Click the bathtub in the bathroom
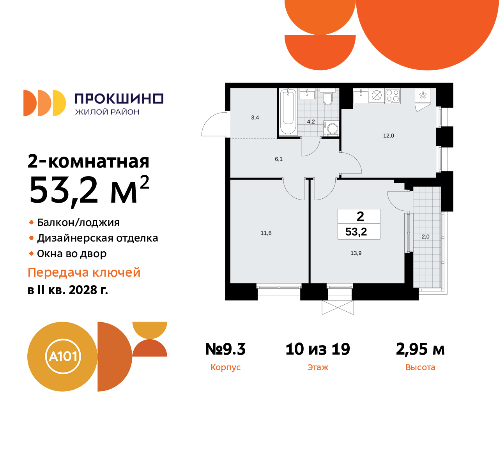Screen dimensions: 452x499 (288, 111)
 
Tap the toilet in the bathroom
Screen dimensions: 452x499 (327, 98)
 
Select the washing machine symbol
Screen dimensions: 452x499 (332, 128)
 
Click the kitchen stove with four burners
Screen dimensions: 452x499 (393, 95)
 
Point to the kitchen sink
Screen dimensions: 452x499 (361, 95)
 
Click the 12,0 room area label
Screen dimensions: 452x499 (389, 136)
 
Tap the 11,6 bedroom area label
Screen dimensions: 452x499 (266, 233)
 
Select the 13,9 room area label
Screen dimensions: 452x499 (356, 253)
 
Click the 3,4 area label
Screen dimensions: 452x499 (255, 117)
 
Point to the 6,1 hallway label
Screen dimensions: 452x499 (279, 159)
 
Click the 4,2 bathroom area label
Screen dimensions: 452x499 (311, 122)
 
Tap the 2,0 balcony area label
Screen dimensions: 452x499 (425, 237)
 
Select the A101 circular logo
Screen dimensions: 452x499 (62, 357)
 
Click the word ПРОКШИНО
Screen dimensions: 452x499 (119, 99)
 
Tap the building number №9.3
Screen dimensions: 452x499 (225, 349)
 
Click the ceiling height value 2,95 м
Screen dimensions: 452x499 (420, 349)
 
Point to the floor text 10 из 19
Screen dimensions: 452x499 (318, 349)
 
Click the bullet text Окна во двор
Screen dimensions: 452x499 (72, 254)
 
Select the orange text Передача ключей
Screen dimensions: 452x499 (84, 272)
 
